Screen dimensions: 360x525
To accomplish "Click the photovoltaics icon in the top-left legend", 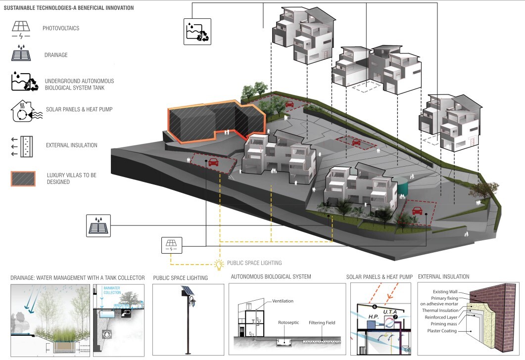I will [21, 29].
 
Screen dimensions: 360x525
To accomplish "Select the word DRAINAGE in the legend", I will [55, 55].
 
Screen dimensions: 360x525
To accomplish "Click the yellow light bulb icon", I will [219, 264].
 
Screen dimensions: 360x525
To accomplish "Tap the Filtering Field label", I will [320, 323].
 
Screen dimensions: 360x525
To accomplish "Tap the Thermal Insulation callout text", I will [440, 310].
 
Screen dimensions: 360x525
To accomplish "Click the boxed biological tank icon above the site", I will [197, 32].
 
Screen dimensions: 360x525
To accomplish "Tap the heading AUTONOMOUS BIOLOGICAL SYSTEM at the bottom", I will [271, 277].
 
